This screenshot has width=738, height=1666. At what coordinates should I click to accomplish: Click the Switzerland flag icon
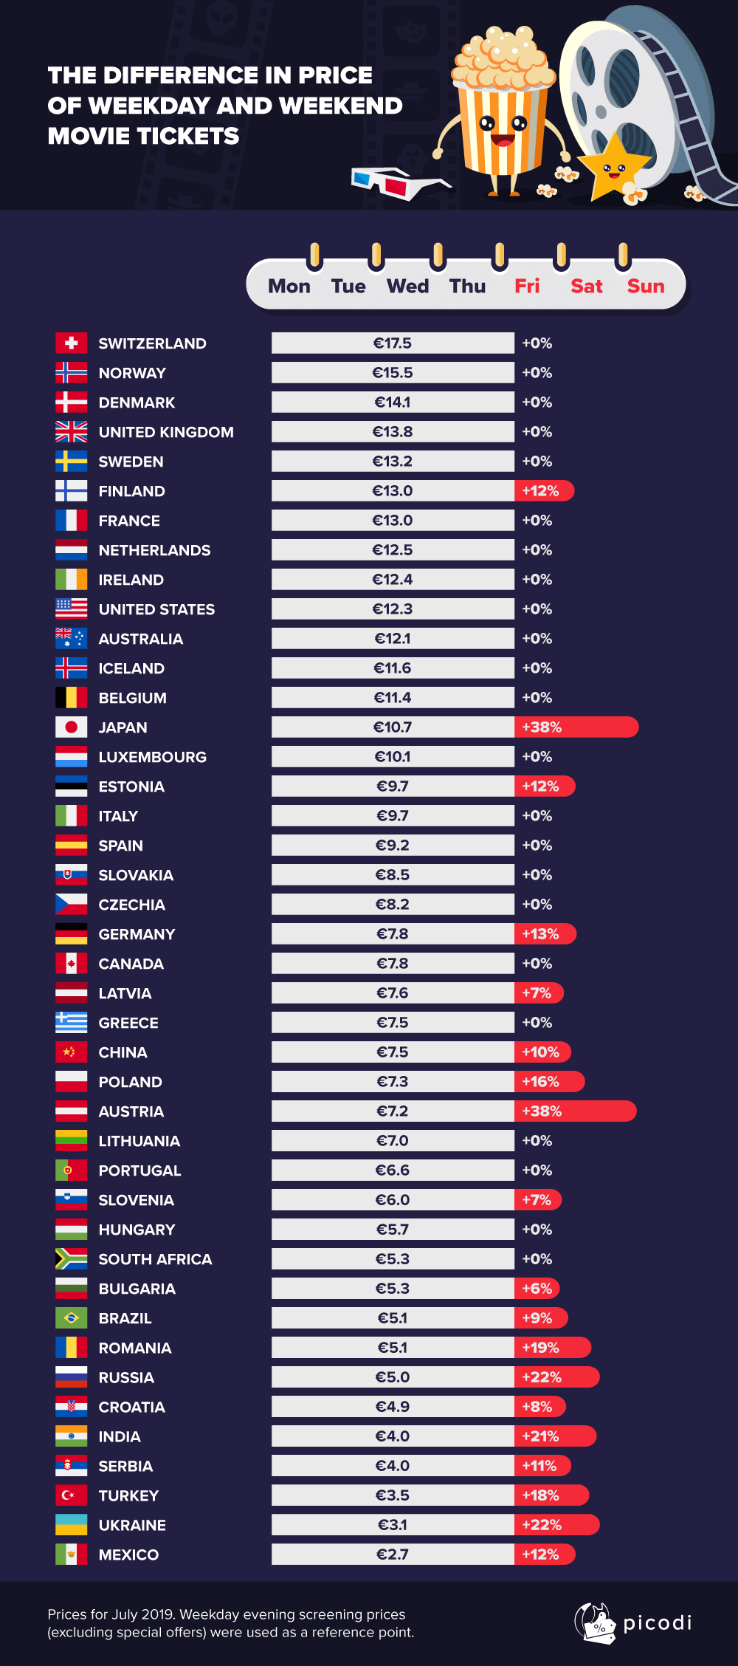71,343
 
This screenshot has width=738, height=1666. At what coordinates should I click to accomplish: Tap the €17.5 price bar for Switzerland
393,343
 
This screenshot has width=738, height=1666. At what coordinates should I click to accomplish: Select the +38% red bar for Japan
576,727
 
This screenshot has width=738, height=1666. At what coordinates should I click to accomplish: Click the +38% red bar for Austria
575,1111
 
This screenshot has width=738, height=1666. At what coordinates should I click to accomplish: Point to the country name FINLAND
131,491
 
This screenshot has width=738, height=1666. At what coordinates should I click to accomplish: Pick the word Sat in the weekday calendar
586,287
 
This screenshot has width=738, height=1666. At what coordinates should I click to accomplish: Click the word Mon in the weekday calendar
289,287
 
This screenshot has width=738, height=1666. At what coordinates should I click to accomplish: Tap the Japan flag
71,727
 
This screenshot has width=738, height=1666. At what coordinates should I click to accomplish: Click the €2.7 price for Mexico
393,1554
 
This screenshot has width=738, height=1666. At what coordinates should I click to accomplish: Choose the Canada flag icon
71,963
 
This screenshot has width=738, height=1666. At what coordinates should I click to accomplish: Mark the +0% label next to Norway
537,373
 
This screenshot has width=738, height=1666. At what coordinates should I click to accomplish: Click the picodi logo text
657,1622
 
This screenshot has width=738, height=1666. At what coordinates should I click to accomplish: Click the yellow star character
613,167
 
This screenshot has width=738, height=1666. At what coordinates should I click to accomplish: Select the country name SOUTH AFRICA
155,1259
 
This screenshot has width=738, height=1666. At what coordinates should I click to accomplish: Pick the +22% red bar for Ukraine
556,1524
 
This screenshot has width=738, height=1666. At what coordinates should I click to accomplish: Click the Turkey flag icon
71,1495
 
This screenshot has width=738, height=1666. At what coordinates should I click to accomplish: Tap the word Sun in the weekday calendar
646,287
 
